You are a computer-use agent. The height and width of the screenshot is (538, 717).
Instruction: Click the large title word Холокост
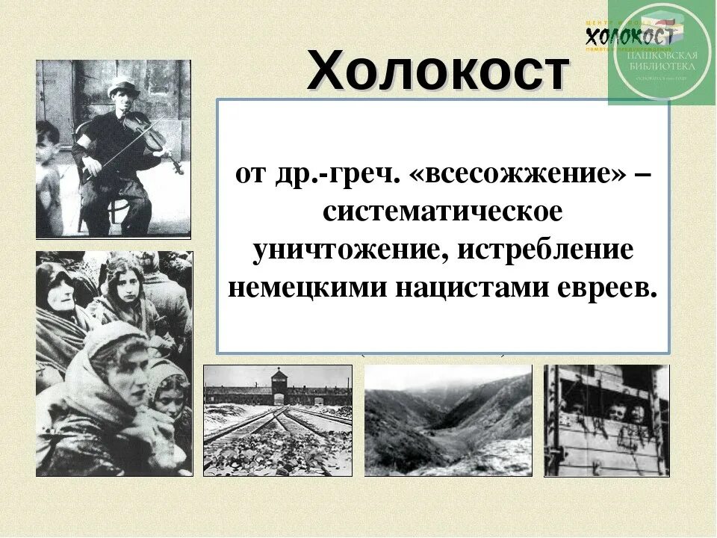tap(438, 72)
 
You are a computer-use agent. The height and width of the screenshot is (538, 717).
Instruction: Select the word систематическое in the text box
tap(442, 211)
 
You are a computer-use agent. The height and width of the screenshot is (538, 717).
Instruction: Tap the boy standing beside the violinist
tap(49, 172)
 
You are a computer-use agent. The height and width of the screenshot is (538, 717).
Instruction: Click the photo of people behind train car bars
tap(606, 420)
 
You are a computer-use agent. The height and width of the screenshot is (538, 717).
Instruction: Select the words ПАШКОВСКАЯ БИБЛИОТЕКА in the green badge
tap(660, 61)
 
